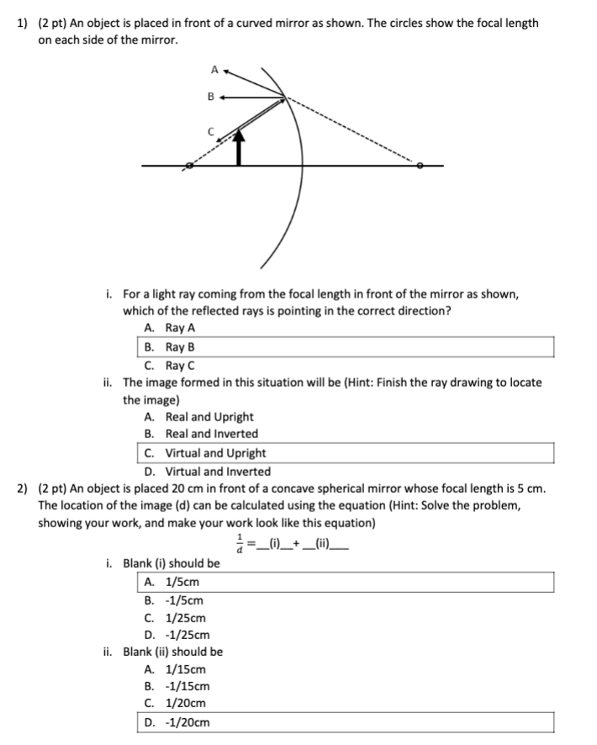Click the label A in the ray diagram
coord(214,69)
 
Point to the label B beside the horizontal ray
coord(211,98)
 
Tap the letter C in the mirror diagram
coord(213,131)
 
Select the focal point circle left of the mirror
coord(189,166)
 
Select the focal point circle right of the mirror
coord(420,166)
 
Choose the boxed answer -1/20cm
coord(177,722)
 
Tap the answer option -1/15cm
coord(177,686)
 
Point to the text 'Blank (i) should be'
coord(172,563)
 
